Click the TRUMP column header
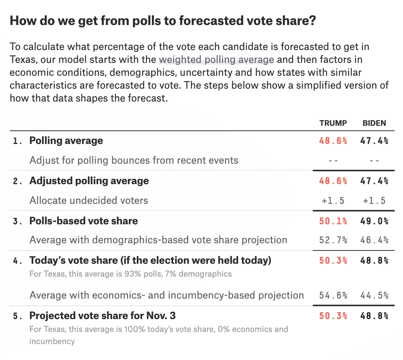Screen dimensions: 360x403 pos(333,123)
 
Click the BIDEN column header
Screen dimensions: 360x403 pos(374,123)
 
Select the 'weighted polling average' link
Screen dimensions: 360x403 pos(216,59)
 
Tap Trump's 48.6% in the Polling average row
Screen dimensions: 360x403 pos(333,141)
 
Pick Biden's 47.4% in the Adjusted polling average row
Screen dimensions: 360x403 pos(374,181)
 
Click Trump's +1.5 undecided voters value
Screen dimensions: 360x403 pos(333,200)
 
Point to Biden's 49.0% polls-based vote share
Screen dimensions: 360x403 pos(374,221)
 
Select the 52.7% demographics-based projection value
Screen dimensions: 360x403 pos(333,240)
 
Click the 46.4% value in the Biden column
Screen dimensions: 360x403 pos(374,240)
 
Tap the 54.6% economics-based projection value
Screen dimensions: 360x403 pos(333,295)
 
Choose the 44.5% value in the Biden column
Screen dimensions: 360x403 pos(374,295)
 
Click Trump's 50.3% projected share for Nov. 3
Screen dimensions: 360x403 pos(333,316)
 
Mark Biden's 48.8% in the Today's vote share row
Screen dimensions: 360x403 pos(374,261)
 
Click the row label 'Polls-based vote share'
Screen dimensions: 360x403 pos(84,221)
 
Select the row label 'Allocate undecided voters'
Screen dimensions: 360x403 pos(89,200)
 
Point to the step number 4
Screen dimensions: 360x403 pos(16,261)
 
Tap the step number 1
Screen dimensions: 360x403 pos(16,141)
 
